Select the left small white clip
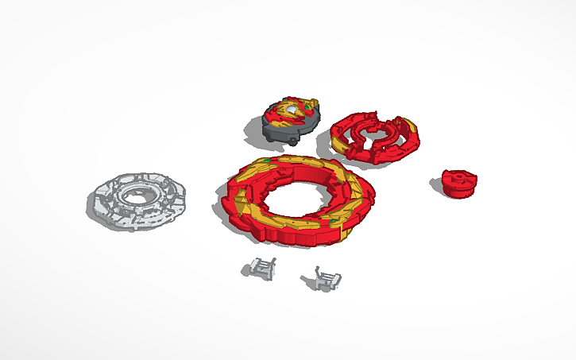(x=259, y=269)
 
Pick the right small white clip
(x=323, y=277)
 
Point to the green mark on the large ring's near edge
(x=334, y=221)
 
